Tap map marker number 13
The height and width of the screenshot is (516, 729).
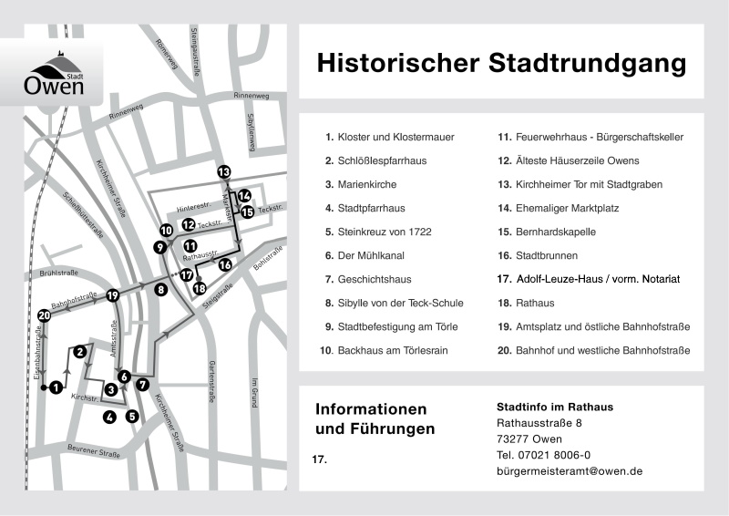click(x=224, y=171)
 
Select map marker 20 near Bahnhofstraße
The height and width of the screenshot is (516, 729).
click(x=44, y=315)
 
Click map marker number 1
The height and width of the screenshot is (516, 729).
click(x=56, y=387)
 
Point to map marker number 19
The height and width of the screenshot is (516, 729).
click(x=112, y=295)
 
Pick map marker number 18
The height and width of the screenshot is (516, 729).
click(x=200, y=288)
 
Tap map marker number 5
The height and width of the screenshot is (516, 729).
click(x=132, y=417)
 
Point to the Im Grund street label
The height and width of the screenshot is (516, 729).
click(x=255, y=391)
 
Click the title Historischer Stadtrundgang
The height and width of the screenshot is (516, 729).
click(x=500, y=64)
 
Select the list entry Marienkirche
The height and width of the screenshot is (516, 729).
click(x=369, y=184)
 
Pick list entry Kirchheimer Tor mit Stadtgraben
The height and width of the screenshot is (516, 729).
click(x=591, y=184)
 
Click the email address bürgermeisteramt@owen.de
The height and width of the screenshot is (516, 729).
click(x=570, y=471)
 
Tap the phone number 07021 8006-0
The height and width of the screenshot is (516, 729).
click(x=543, y=455)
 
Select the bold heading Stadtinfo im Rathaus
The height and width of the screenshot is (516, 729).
click(x=554, y=407)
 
